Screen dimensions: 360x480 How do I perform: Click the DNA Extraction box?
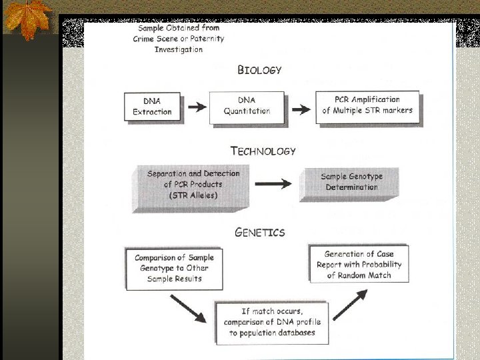[x=152, y=107]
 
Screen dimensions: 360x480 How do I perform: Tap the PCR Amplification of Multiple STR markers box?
[x=367, y=105]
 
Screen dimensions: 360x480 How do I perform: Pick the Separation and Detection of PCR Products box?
[x=193, y=185]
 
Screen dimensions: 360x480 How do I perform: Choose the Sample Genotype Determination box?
[x=351, y=182]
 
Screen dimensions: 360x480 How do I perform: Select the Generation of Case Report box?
[x=359, y=264]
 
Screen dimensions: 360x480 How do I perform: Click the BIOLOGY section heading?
[x=260, y=69]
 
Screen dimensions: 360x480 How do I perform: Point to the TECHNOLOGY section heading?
[x=263, y=151]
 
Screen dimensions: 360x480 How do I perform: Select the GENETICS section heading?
[x=260, y=232]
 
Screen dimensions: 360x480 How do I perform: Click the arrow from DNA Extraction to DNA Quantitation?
[x=196, y=107]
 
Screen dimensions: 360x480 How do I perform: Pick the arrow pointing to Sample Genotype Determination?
[x=273, y=184]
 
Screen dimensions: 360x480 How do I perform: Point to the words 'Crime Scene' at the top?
[x=155, y=39]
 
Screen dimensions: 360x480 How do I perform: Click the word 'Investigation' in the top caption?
[x=178, y=49]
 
